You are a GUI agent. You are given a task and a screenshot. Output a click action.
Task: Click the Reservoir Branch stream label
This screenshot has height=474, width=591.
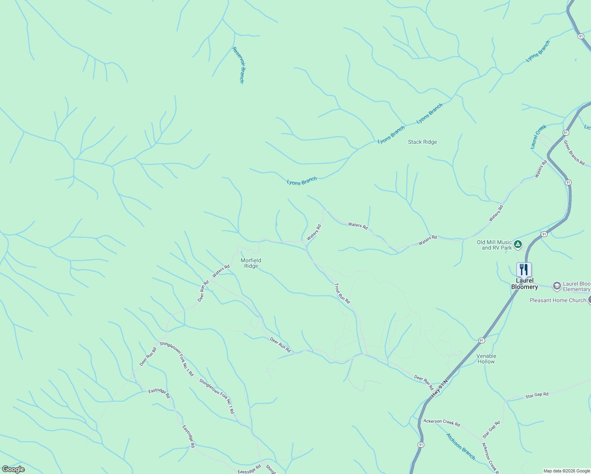[x=239, y=65]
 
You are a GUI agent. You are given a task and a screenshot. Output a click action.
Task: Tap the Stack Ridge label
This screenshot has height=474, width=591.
[x=422, y=142]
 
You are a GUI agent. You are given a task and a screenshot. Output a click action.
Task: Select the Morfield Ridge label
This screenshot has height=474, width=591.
[x=251, y=263]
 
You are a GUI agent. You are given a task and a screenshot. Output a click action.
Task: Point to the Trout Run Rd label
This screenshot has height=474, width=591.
[x=342, y=293]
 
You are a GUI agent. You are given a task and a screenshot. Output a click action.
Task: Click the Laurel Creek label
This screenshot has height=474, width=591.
[x=538, y=137]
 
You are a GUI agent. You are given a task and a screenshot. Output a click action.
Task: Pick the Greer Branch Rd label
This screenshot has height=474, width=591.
[x=574, y=152]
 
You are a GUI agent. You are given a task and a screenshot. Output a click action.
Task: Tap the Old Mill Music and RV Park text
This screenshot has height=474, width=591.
[x=494, y=245]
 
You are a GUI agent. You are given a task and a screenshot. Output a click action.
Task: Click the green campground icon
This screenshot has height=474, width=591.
[x=518, y=245]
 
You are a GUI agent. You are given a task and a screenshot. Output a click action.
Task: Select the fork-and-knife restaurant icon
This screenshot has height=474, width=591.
[x=524, y=270]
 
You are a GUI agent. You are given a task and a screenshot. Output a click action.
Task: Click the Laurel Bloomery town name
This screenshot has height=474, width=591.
[x=525, y=284]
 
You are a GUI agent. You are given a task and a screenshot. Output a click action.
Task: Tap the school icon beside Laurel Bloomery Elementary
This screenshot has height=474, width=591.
[x=557, y=286]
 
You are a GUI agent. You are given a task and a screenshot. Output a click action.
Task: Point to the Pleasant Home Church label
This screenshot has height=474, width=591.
[x=558, y=300]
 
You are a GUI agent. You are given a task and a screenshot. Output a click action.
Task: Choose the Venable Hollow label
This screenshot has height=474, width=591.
[x=486, y=359]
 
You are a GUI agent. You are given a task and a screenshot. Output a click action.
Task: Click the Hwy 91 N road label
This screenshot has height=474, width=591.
[x=440, y=389]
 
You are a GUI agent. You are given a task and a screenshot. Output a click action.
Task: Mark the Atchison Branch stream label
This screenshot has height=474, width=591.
[x=461, y=446]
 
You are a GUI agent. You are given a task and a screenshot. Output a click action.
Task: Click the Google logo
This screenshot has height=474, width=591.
[x=13, y=469]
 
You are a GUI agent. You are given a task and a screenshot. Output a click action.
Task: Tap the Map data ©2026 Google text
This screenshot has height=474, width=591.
[x=567, y=471]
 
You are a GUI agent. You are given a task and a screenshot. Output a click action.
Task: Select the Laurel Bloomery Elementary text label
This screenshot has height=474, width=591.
[x=576, y=286]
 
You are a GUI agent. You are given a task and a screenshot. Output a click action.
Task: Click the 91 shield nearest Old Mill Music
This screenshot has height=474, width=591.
[x=544, y=234]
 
